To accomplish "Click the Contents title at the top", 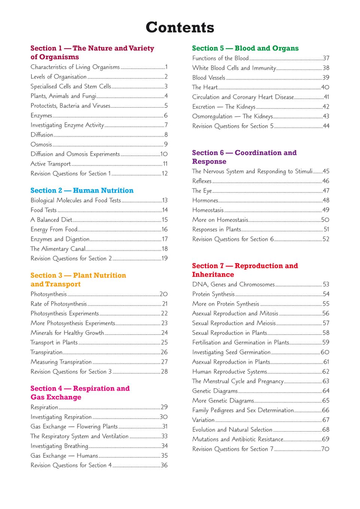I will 180,27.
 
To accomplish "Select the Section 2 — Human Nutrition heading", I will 82,191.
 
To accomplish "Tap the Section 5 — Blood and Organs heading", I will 245,48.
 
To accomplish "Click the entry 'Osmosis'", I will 41,144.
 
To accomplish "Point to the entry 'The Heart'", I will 205,87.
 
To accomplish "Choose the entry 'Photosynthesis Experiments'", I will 64,314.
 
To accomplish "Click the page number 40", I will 325,87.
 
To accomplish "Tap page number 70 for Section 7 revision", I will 325,449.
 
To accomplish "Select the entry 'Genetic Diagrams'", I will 215,391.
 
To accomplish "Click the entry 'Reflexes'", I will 202,181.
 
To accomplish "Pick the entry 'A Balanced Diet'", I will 51,220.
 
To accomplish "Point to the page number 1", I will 166,67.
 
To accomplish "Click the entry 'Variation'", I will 203,420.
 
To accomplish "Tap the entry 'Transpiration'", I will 46,352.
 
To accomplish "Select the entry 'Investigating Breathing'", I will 59,446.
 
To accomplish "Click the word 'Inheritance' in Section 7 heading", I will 213,274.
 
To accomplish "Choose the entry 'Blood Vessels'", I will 209,77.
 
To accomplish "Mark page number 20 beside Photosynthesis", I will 164,294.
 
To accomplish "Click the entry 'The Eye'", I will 202,191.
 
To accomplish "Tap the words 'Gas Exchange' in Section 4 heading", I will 56,397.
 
